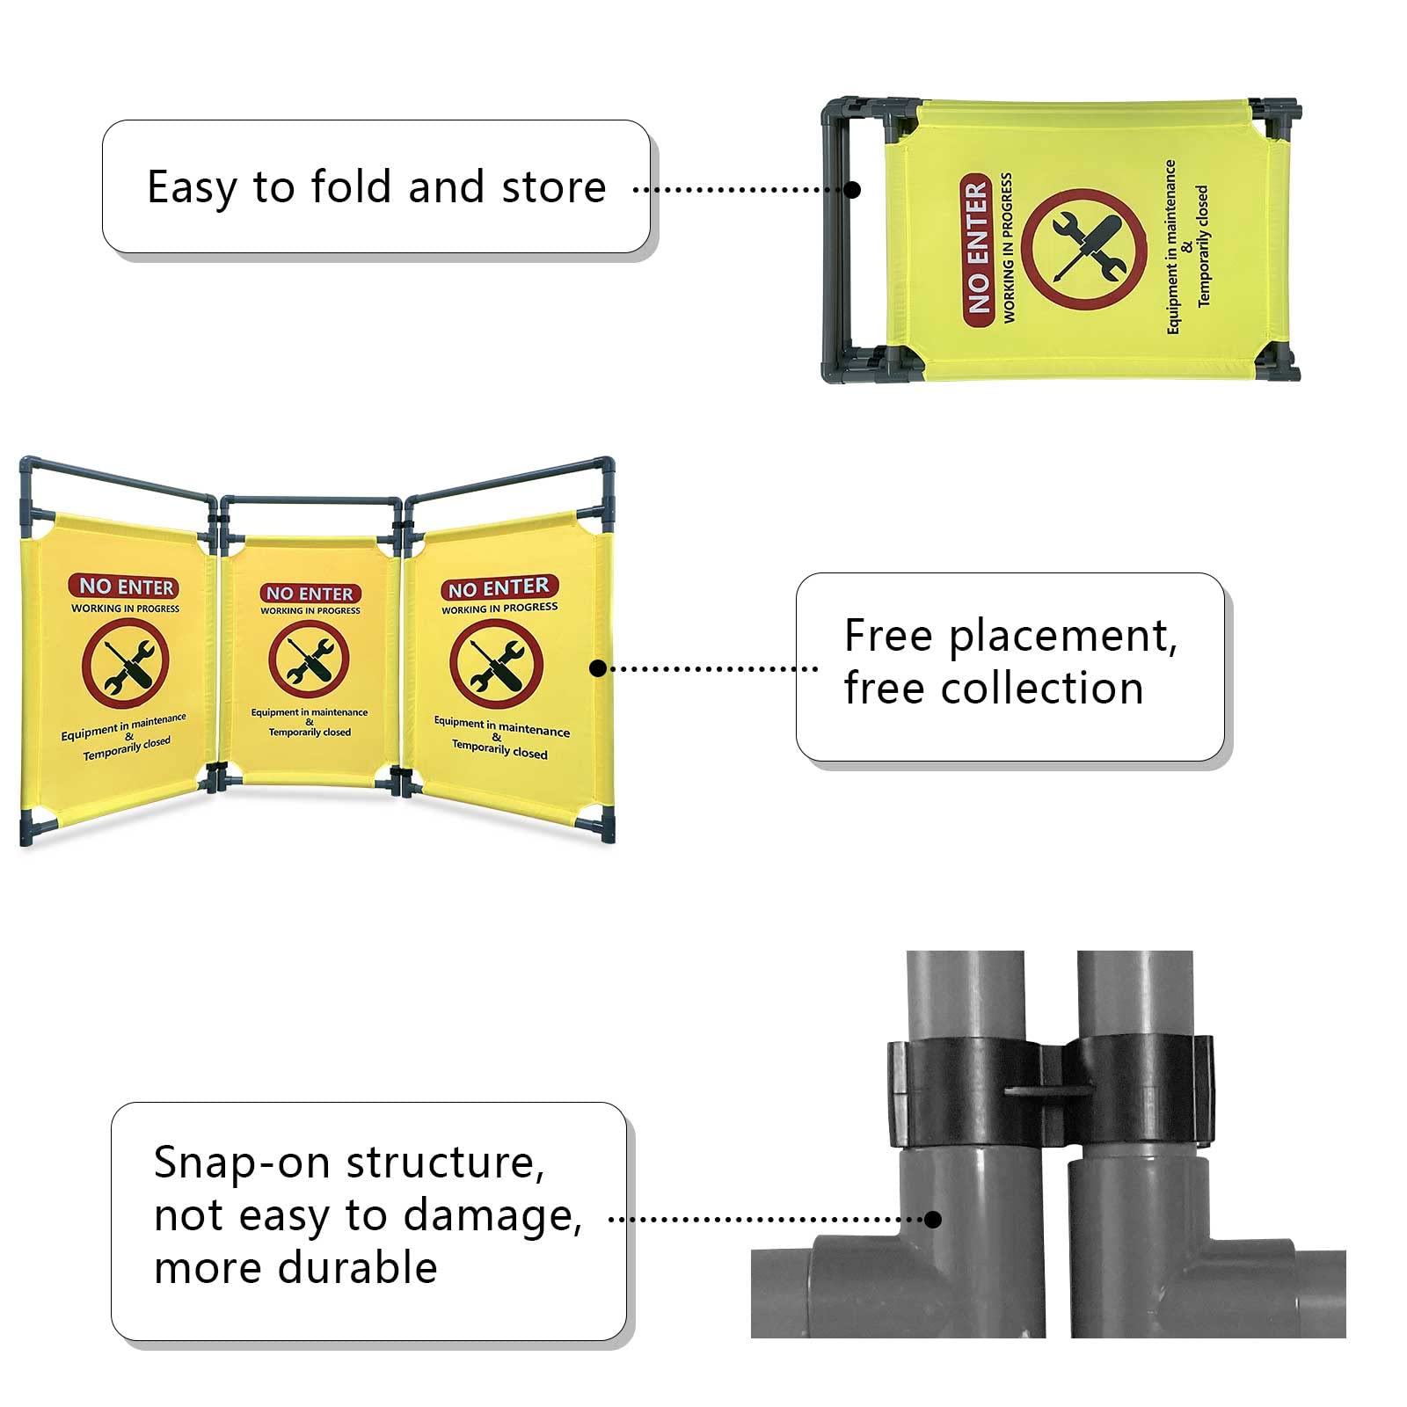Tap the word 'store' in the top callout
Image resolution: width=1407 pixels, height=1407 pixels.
click(553, 188)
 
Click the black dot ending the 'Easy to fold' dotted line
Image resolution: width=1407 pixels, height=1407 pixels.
click(852, 189)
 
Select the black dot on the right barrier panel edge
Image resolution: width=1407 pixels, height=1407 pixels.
click(598, 668)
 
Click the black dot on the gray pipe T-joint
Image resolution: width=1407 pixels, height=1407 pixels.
click(933, 1219)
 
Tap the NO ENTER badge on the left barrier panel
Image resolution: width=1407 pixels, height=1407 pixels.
click(124, 587)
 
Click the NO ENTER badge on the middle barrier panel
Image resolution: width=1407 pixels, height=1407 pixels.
click(310, 594)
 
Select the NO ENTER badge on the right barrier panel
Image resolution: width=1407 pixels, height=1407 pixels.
click(499, 587)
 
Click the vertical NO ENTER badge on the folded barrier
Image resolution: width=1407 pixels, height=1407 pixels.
click(977, 249)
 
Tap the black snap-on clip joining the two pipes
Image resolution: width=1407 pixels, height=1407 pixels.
click(1051, 1090)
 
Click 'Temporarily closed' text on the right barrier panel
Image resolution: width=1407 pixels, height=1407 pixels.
click(499, 749)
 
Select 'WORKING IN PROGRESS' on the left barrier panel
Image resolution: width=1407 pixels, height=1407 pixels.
click(125, 609)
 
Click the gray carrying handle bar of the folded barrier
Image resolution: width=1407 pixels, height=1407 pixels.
click(835, 237)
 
